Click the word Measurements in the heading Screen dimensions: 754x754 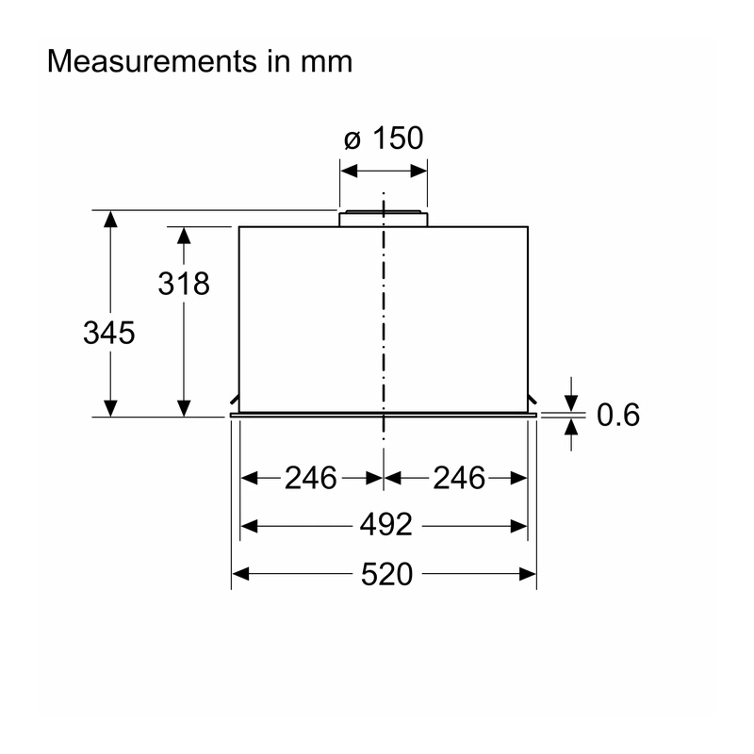click(153, 61)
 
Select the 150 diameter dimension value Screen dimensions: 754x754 click(398, 139)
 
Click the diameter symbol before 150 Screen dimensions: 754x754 click(352, 140)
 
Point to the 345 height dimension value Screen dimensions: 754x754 click(109, 333)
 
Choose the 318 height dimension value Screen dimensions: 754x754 click(184, 284)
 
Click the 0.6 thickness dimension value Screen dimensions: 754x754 click(618, 415)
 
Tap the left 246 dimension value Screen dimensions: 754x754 click(311, 479)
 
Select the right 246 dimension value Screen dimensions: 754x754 click(459, 479)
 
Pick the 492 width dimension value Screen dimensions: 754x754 click(386, 525)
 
